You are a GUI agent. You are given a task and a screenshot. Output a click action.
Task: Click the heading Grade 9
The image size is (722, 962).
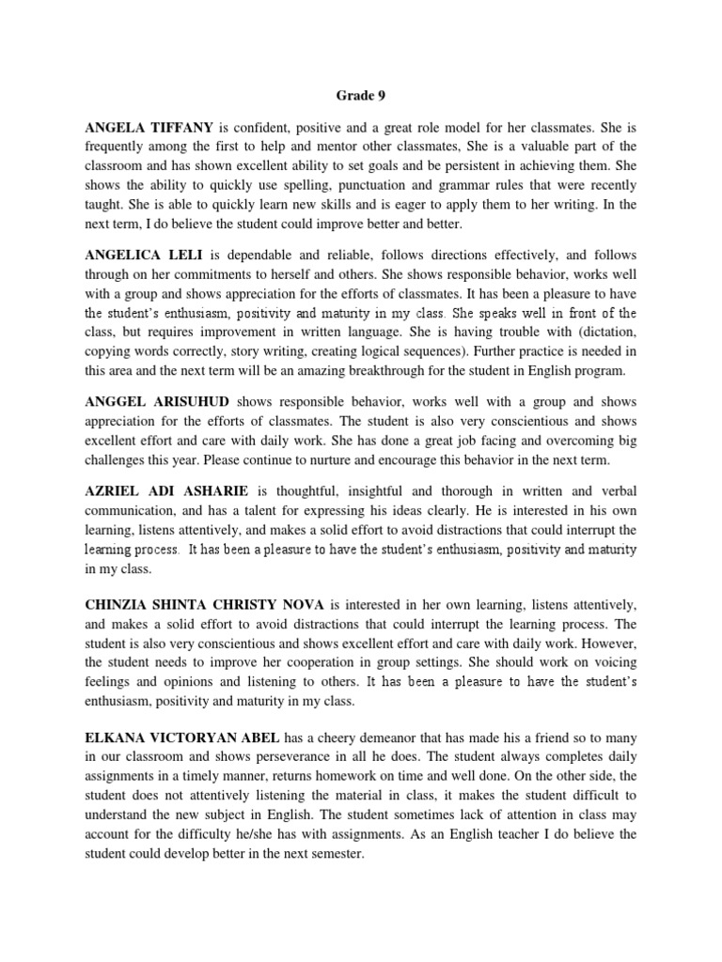coord(360,95)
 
